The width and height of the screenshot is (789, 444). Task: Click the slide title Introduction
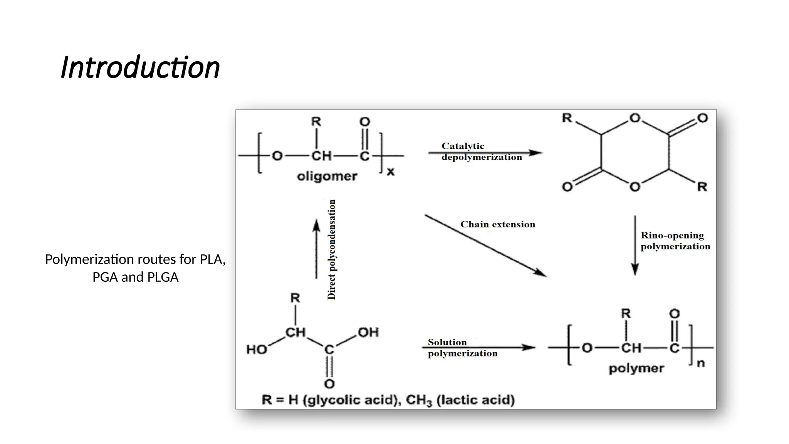click(x=140, y=67)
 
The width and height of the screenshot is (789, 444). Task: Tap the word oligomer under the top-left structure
click(x=327, y=177)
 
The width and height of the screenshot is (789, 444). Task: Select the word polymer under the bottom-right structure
click(x=636, y=368)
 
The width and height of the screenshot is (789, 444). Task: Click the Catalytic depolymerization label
click(x=481, y=151)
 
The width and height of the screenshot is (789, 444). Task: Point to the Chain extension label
click(x=497, y=224)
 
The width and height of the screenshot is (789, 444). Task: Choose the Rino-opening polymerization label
click(x=675, y=241)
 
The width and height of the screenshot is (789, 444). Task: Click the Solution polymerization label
click(x=462, y=348)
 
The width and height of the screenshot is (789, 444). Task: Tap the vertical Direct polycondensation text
click(x=331, y=249)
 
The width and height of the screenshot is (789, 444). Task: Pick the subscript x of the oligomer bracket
click(x=391, y=172)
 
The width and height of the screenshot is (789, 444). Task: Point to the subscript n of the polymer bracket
click(x=701, y=363)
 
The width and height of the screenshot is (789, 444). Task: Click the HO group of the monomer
click(x=257, y=350)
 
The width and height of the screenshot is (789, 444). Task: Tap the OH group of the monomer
click(x=368, y=332)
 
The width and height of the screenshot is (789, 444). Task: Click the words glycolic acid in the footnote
click(x=351, y=400)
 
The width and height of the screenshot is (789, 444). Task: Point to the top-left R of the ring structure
click(x=567, y=118)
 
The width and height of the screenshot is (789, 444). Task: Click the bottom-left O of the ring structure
click(x=567, y=187)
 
